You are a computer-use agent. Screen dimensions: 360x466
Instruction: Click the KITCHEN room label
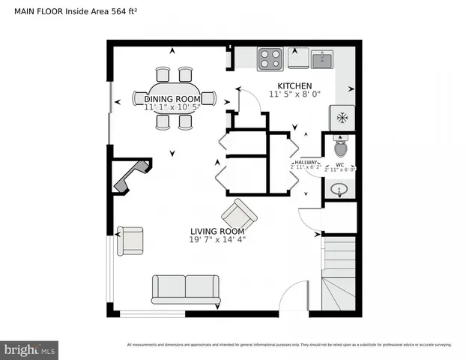tap(294, 85)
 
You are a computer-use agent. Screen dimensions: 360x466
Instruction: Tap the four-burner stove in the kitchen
tap(270, 58)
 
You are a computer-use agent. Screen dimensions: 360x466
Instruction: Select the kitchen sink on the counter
tap(322, 58)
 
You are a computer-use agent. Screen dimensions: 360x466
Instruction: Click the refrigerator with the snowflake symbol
tap(342, 117)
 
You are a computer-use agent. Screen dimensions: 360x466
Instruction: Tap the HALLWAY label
tap(306, 162)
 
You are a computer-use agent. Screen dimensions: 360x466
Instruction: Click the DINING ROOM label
tap(172, 99)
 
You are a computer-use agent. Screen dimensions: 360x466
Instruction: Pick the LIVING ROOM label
tap(217, 231)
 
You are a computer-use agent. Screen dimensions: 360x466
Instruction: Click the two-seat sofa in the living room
tap(186, 289)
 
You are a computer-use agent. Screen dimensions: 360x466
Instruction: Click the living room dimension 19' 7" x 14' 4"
tap(217, 240)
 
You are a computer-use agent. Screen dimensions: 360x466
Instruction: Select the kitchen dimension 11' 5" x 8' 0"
tap(294, 94)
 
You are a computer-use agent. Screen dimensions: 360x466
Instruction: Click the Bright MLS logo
tap(30, 349)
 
